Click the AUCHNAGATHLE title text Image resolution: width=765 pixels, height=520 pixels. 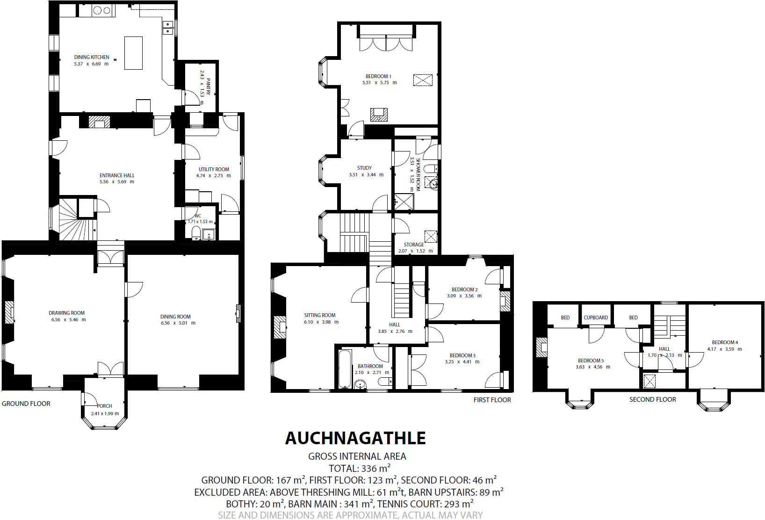point(355,438)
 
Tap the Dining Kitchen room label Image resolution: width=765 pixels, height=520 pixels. point(92,57)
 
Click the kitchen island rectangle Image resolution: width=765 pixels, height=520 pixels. point(133,53)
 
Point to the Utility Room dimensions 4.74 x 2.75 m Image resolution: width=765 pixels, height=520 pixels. point(213,176)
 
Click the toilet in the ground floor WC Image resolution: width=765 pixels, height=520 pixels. point(196,232)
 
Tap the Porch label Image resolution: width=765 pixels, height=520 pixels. point(105,406)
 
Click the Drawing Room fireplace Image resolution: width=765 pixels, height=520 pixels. point(9,312)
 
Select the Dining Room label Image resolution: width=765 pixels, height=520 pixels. point(175,317)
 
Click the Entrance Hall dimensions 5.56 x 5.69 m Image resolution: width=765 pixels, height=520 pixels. point(117,182)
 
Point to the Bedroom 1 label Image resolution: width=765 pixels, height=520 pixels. point(378,76)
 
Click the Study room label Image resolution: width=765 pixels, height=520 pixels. point(364,168)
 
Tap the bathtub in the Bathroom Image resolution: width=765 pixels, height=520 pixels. point(345,369)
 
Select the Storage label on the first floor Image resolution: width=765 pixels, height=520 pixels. point(414,245)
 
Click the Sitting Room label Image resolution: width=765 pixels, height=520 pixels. point(320,315)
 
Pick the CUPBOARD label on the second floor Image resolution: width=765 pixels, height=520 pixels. point(596,318)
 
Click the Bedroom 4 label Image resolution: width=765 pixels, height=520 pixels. point(725,342)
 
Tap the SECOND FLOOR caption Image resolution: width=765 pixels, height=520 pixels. point(652,399)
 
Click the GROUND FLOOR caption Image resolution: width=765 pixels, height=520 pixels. point(26,404)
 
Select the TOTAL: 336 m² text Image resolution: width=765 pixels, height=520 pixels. point(359,468)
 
